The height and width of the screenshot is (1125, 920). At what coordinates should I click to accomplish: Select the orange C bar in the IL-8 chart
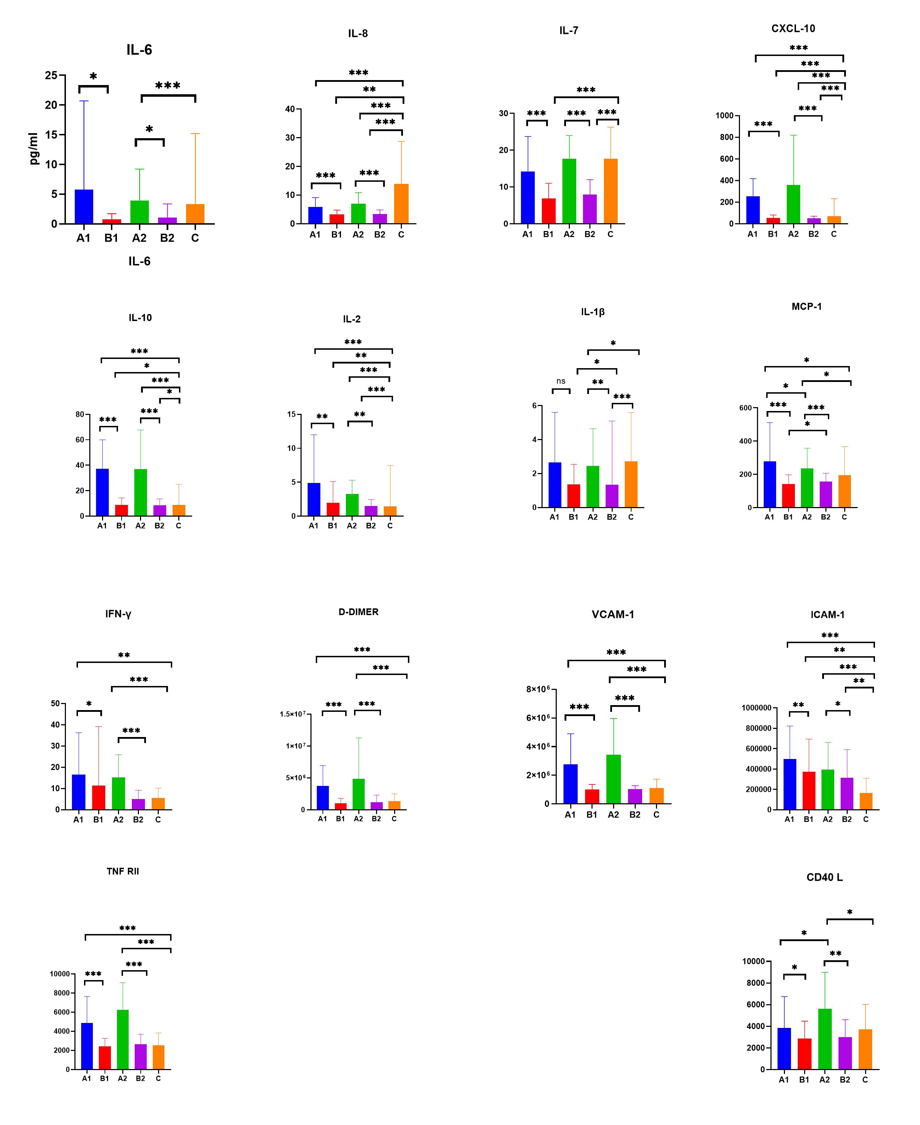(x=401, y=204)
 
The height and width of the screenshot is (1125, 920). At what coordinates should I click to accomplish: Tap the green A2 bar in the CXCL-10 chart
(x=793, y=204)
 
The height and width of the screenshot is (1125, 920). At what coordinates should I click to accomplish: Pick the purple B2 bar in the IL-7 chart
(x=590, y=209)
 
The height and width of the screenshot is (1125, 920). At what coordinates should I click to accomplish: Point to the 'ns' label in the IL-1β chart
(x=561, y=381)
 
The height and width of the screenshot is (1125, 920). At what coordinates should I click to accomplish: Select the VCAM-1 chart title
(x=613, y=615)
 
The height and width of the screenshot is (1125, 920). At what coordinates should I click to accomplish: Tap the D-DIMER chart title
(x=358, y=612)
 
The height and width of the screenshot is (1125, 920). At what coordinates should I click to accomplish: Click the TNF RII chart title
(x=122, y=871)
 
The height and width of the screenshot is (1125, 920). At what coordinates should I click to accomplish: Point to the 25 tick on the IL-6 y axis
(x=51, y=75)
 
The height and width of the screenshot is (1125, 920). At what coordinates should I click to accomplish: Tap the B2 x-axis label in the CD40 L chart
(x=845, y=1079)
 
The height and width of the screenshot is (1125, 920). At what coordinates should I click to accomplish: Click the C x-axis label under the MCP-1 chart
(x=844, y=517)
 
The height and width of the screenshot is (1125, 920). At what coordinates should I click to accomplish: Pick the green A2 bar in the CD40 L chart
(x=825, y=1039)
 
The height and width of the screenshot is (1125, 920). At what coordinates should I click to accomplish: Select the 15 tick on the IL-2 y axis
(x=291, y=415)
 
